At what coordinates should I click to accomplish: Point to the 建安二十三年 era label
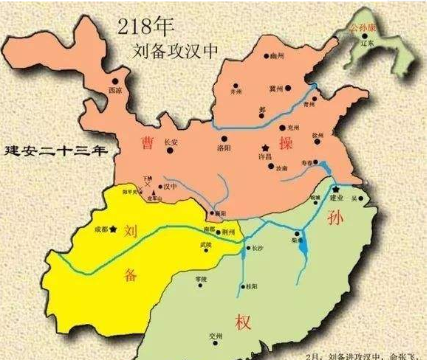pos(55,150)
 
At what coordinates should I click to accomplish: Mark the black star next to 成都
pos(113,238)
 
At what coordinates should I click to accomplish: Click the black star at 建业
pos(336,189)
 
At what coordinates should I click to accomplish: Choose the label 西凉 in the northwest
pos(114,91)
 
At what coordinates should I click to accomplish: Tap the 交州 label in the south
pos(216,335)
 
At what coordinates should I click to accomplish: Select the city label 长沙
pos(256,248)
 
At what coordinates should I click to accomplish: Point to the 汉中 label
pos(171,187)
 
